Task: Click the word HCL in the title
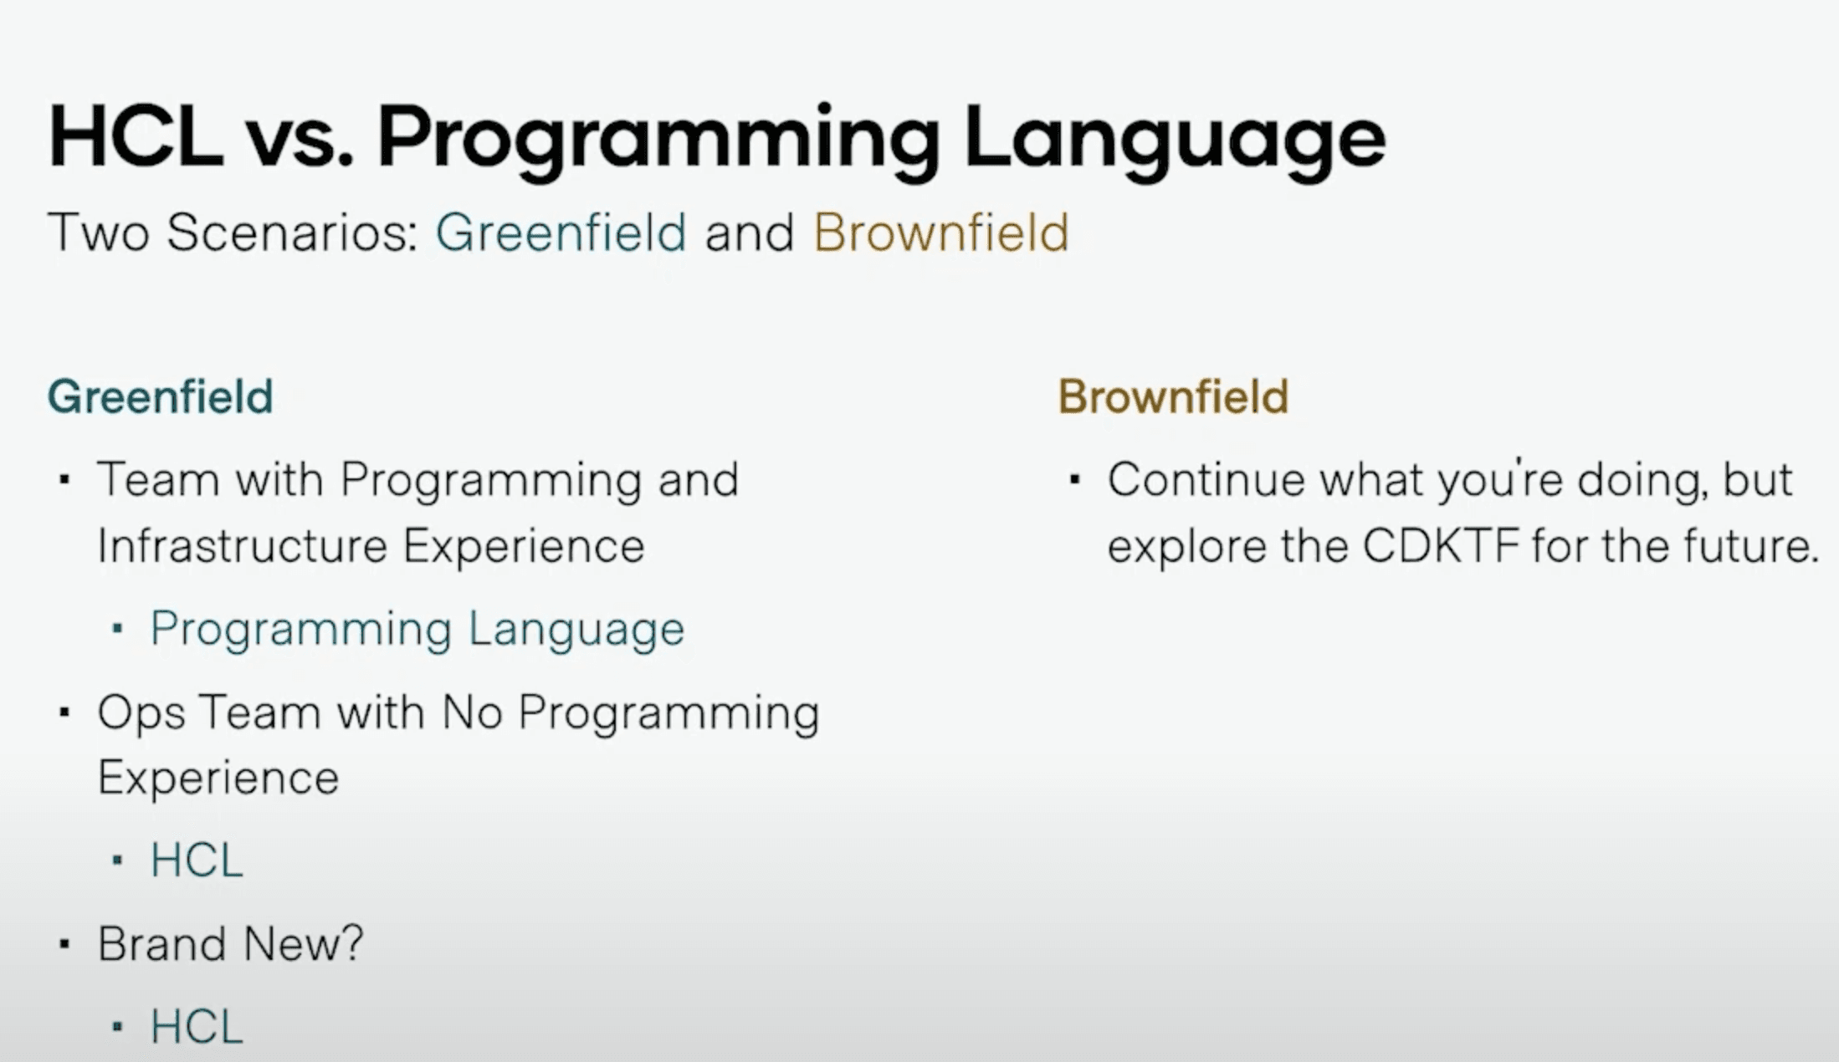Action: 136,137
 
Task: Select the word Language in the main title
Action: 1175,143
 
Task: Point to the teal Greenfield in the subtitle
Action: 561,232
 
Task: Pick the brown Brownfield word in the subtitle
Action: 941,232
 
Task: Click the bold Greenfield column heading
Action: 161,396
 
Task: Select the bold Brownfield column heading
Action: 1173,396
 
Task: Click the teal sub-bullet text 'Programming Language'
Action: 417,630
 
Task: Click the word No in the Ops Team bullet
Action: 472,712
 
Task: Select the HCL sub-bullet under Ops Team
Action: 197,860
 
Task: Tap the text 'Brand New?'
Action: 231,944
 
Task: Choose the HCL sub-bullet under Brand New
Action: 197,1027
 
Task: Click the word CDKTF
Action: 1440,546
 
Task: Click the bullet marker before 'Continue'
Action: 1075,480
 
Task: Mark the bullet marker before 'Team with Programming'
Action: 64,480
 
